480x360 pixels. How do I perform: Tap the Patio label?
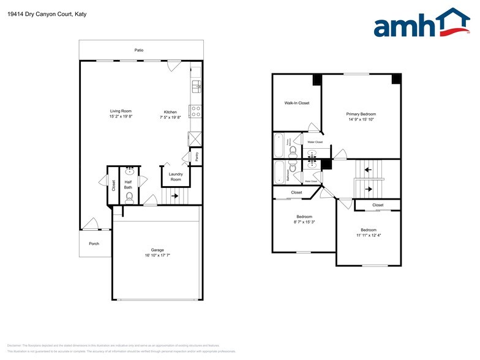click(140, 50)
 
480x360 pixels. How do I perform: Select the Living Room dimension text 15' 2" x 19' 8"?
click(121, 116)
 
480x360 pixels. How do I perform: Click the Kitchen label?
click(170, 111)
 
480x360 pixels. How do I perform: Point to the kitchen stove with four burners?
click(196, 111)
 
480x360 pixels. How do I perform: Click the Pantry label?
click(197, 156)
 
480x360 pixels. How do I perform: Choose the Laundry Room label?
click(176, 177)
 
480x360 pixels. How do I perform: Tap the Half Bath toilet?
click(129, 196)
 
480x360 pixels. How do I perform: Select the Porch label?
click(94, 244)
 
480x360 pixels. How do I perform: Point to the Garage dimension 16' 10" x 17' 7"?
click(157, 255)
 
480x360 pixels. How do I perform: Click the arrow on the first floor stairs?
click(175, 197)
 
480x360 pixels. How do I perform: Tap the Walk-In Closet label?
click(297, 103)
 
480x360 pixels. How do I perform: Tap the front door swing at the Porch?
click(90, 224)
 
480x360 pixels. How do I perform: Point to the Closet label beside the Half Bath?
click(114, 184)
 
